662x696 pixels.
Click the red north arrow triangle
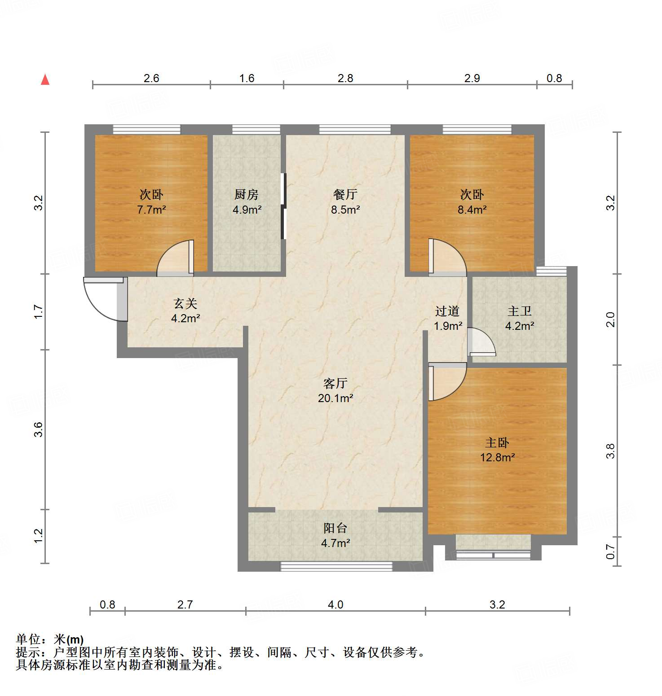coord(45,80)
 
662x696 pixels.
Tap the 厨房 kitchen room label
coord(247,201)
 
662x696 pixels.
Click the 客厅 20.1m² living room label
coord(335,390)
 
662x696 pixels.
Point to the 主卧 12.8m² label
coord(497,450)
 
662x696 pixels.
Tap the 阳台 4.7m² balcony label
coord(335,535)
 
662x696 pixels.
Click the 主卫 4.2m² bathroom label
coord(520,318)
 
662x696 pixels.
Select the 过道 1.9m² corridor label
coord(447,318)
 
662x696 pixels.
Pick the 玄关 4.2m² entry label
coord(185,311)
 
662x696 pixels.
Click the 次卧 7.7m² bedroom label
coord(151,201)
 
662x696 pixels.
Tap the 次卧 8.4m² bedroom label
coord(472,201)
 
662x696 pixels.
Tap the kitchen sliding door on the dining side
coord(283,206)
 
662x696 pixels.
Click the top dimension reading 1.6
coord(247,78)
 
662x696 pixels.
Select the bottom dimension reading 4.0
coord(335,604)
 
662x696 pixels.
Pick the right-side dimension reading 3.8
coord(610,451)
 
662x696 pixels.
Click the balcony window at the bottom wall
coord(336,566)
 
